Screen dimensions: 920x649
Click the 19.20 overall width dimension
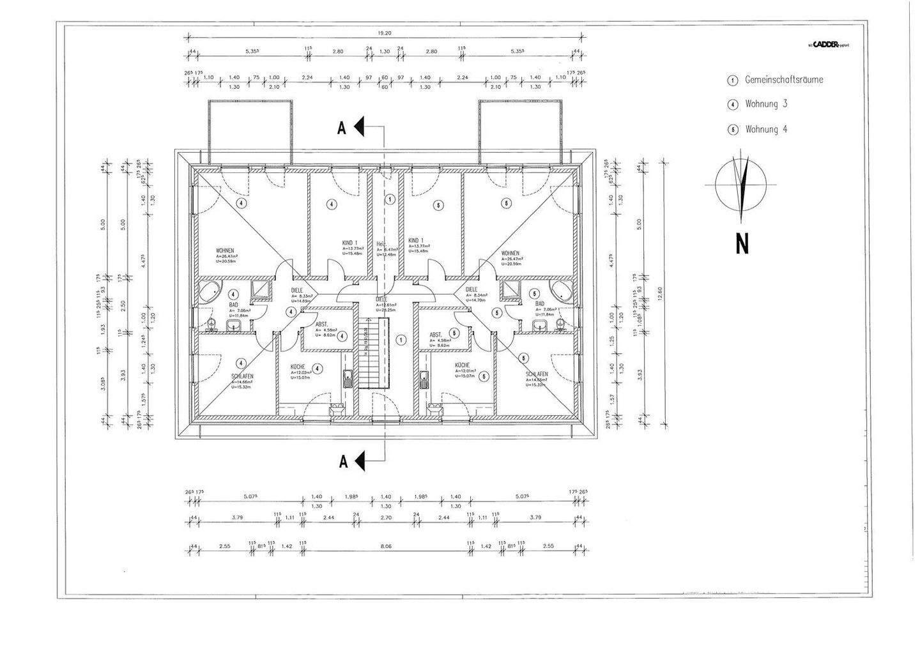click(x=383, y=33)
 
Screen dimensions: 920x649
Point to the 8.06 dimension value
click(x=383, y=546)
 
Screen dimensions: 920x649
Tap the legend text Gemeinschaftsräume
click(x=783, y=80)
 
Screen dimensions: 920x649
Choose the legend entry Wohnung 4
click(x=766, y=129)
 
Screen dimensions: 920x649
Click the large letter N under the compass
click(x=741, y=243)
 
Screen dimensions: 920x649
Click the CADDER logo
click(x=827, y=45)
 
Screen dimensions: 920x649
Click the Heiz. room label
click(x=381, y=244)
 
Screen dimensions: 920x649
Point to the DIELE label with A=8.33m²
click(x=297, y=289)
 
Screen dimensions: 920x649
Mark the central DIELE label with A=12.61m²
click(x=381, y=299)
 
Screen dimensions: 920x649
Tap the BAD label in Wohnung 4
click(x=540, y=304)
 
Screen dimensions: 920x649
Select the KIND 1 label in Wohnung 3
click(x=349, y=243)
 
